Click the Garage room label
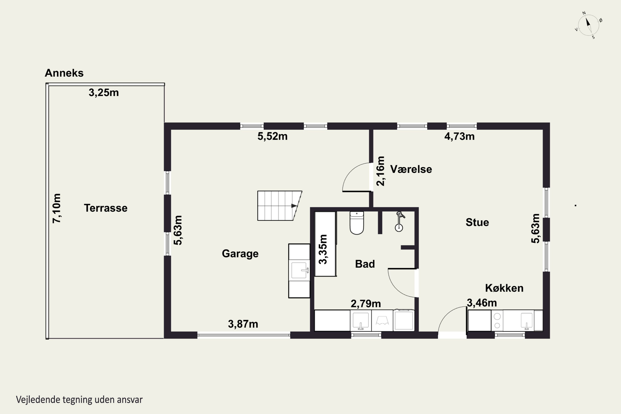pos(240,254)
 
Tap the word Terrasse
pos(106,208)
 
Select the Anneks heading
pos(64,73)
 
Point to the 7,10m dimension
pos(57,208)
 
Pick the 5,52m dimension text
pos(272,136)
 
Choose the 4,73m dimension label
pos(459,136)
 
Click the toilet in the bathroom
pos(357,223)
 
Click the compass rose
pos(589,25)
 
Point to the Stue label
pos(477,222)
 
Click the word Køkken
pos(504,288)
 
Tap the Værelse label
pos(411,169)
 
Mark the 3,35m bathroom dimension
pos(323,249)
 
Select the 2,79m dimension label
pos(366,304)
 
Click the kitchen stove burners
pos(497,320)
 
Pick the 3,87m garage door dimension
pos(243,324)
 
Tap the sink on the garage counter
pos(299,270)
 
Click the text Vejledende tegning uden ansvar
pos(79,400)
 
